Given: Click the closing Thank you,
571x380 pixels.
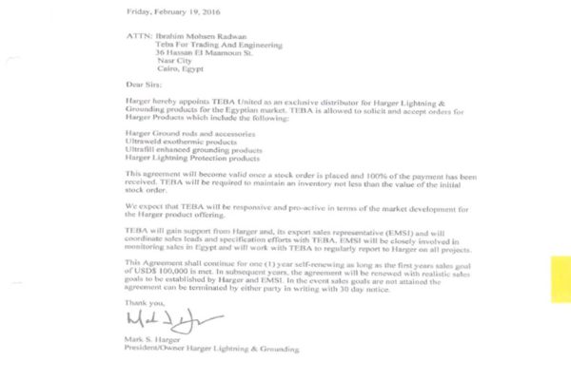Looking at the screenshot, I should [x=144, y=301].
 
